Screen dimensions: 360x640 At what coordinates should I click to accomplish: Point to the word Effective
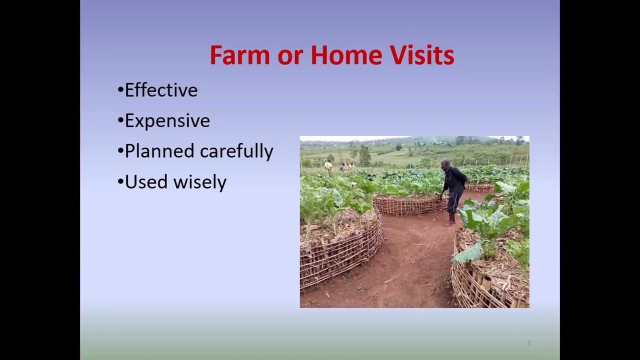[x=161, y=90]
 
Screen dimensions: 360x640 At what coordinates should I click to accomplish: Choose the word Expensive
[x=167, y=121]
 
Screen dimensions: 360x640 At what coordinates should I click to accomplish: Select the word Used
[x=146, y=182]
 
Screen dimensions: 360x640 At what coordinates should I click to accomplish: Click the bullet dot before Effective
[x=120, y=90]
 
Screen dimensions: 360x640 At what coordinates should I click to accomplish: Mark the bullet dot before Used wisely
[x=120, y=182]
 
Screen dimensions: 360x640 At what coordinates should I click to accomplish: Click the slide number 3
[x=528, y=343]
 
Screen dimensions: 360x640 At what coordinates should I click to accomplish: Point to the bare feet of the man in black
[x=450, y=223]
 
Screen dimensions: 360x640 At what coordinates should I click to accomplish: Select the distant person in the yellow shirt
[x=328, y=166]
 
